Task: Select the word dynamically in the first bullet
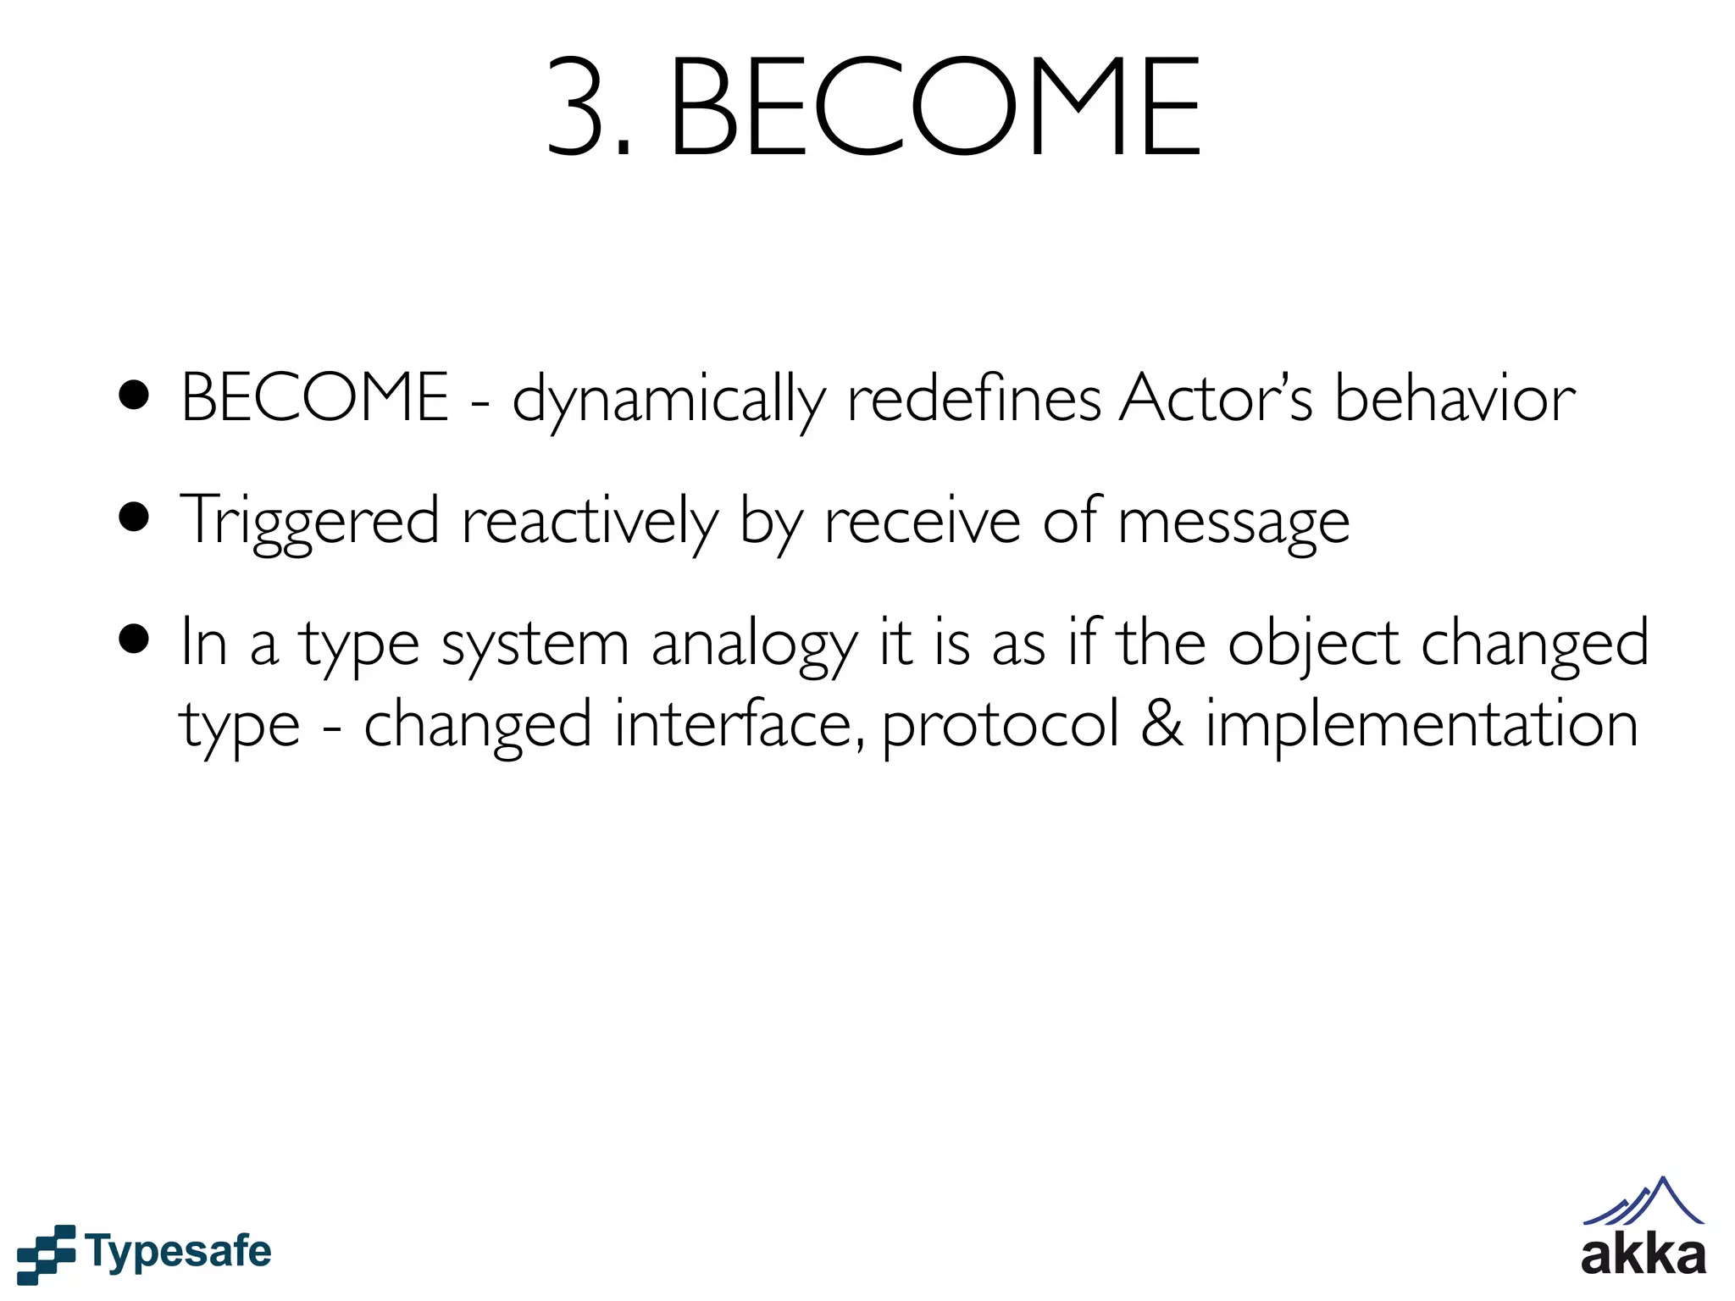(x=668, y=399)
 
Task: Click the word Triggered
(x=310, y=520)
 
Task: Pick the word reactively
(x=590, y=520)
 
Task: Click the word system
(x=535, y=644)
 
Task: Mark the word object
(x=1313, y=644)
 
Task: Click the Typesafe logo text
(x=179, y=1252)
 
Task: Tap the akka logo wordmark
(x=1643, y=1254)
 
